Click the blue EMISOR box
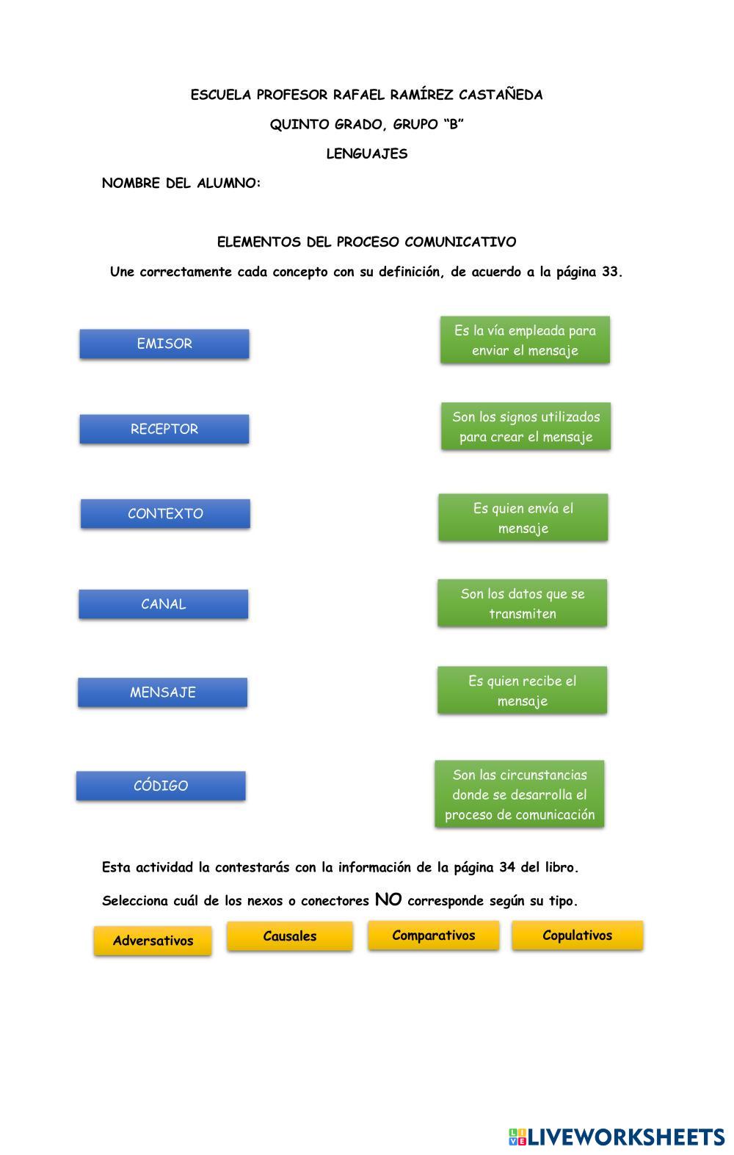click(x=164, y=344)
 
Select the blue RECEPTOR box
click(x=164, y=429)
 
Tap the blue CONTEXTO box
click(x=165, y=513)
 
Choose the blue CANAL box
click(x=164, y=604)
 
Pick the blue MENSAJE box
click(x=163, y=692)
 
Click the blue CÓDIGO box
click(x=161, y=786)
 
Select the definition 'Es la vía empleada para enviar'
click(x=525, y=340)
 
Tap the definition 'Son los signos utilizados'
click(x=526, y=427)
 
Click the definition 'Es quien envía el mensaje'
click(x=523, y=518)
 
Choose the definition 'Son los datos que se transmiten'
click(x=523, y=603)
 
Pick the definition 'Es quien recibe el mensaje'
click(x=523, y=690)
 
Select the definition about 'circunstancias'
click(x=520, y=794)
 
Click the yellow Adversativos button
click(x=153, y=941)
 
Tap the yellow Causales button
click(x=290, y=936)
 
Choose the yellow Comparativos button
click(x=434, y=935)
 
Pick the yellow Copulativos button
click(x=578, y=935)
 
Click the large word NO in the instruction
click(x=388, y=899)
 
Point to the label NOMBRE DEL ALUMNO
click(x=181, y=183)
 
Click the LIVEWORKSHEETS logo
click(x=617, y=1137)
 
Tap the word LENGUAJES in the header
click(x=367, y=153)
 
